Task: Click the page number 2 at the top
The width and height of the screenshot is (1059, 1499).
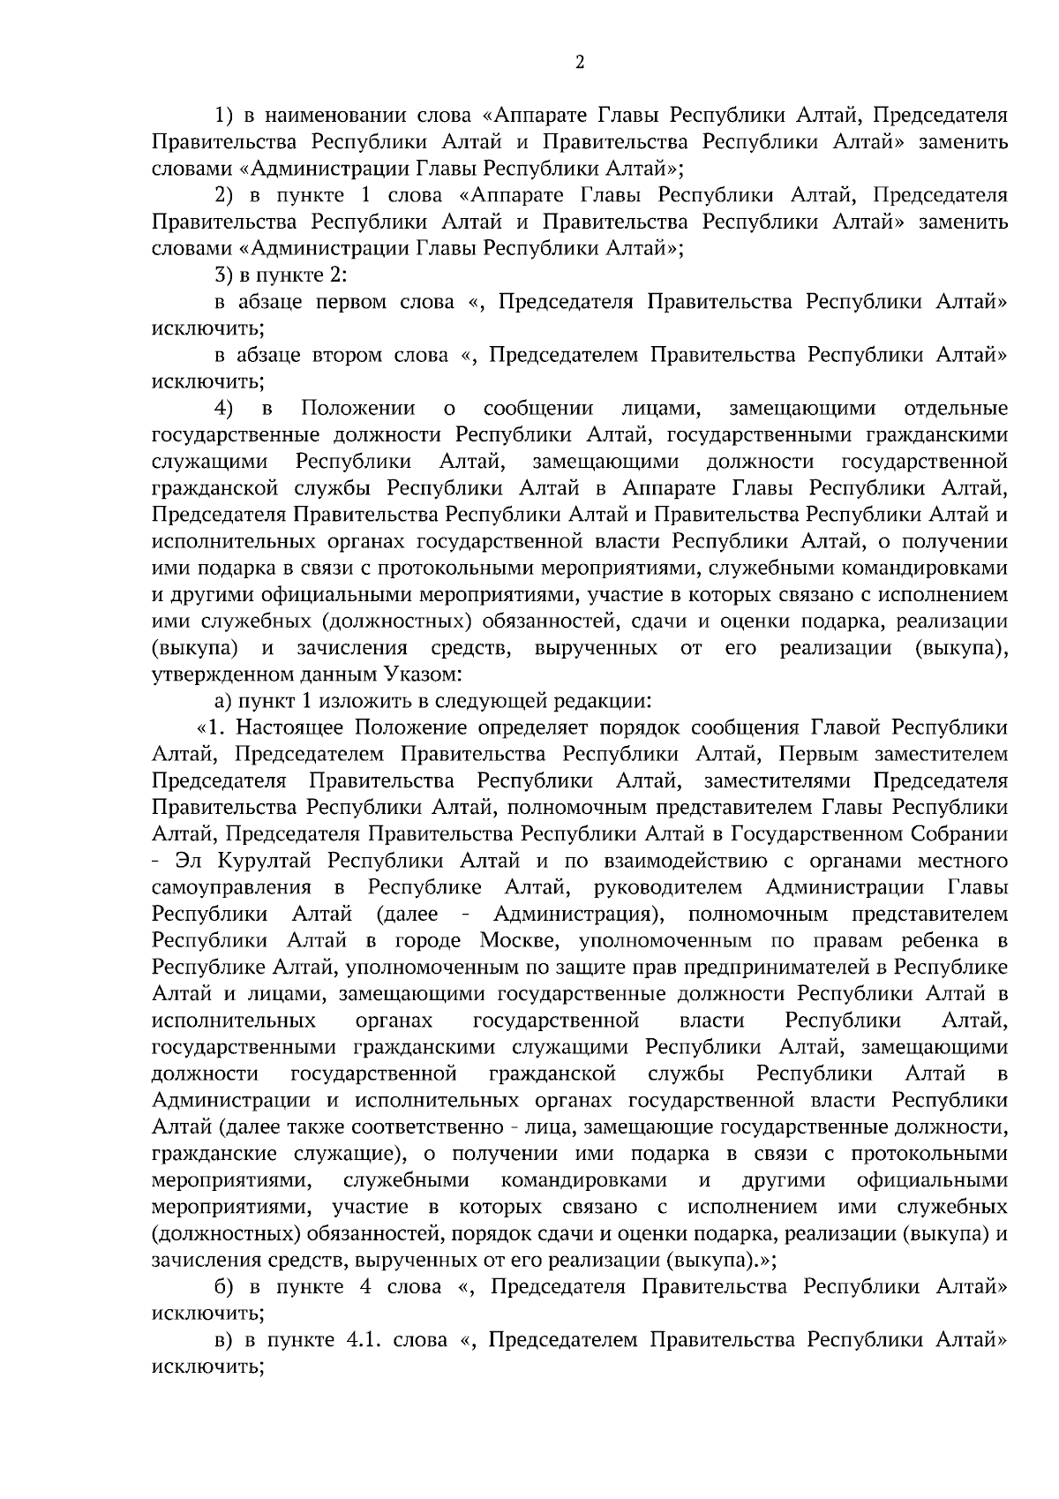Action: (x=579, y=62)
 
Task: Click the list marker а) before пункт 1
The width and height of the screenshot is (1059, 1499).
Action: (x=224, y=702)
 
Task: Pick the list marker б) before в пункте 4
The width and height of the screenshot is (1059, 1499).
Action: (x=224, y=1287)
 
